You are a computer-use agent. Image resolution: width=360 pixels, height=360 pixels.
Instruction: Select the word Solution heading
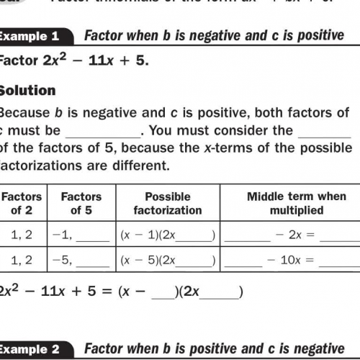[x=27, y=90]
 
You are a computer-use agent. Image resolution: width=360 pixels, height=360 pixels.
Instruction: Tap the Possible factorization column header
[x=167, y=203]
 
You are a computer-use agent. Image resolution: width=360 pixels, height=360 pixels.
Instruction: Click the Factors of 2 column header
[x=22, y=203]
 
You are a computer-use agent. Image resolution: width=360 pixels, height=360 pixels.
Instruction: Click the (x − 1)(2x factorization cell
[x=167, y=235]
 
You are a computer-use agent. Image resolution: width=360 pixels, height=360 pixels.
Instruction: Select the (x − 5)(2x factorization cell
[x=167, y=261]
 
